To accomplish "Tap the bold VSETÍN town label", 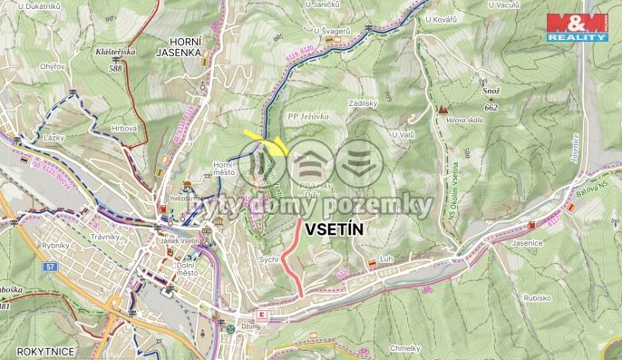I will (333, 229).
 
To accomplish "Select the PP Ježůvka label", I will (307, 117).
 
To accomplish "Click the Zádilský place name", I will (362, 104).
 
